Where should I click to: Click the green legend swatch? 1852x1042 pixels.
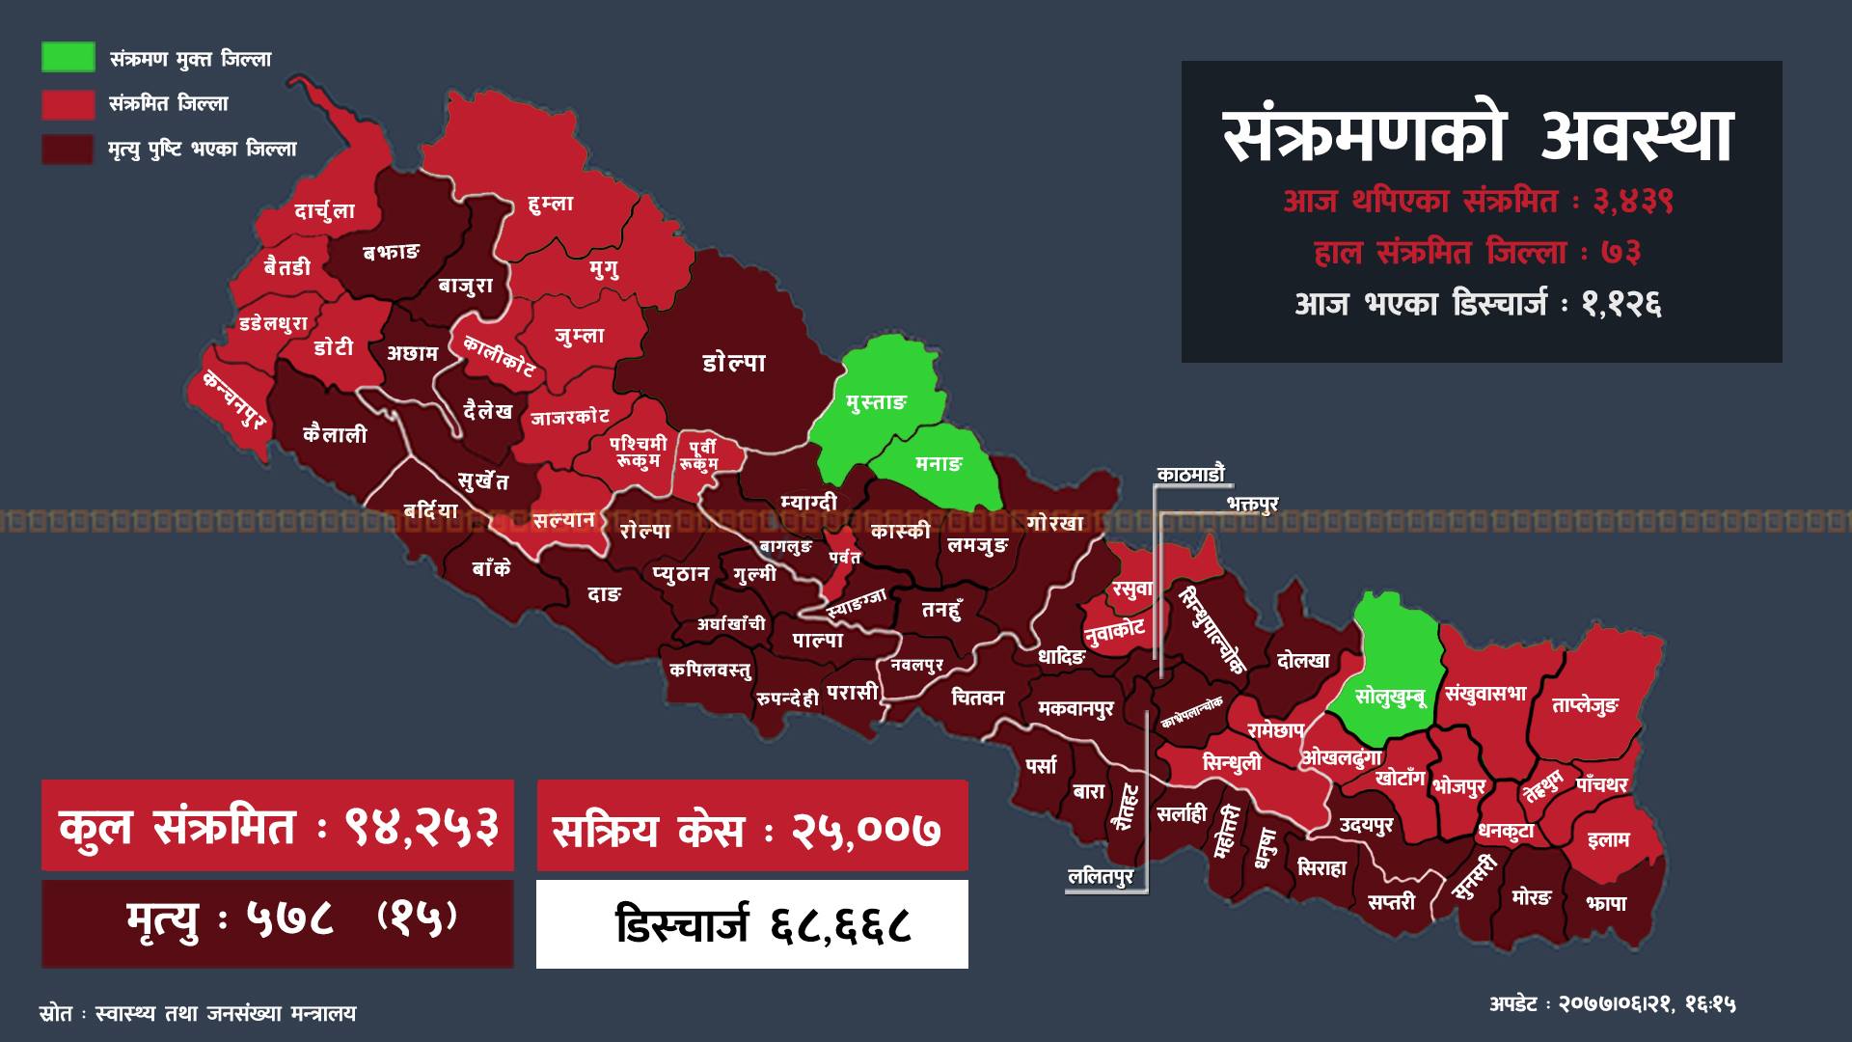tap(68, 57)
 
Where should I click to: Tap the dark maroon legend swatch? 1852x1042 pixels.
tap(68, 149)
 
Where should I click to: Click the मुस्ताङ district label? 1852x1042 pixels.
tap(875, 402)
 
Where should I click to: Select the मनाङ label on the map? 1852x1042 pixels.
tap(938, 464)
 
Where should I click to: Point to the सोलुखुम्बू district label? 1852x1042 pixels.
tap(1390, 696)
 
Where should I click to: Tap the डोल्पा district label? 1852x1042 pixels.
tap(734, 363)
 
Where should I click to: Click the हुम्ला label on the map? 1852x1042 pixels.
tap(551, 204)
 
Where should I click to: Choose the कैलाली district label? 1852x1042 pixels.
tap(335, 435)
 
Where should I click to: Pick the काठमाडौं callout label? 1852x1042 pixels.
tap(1190, 474)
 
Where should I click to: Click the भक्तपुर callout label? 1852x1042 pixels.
tap(1252, 504)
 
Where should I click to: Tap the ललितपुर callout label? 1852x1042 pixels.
tap(1100, 878)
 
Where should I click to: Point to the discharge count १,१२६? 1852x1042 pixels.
tap(1620, 305)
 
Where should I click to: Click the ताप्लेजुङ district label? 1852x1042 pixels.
tap(1585, 706)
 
